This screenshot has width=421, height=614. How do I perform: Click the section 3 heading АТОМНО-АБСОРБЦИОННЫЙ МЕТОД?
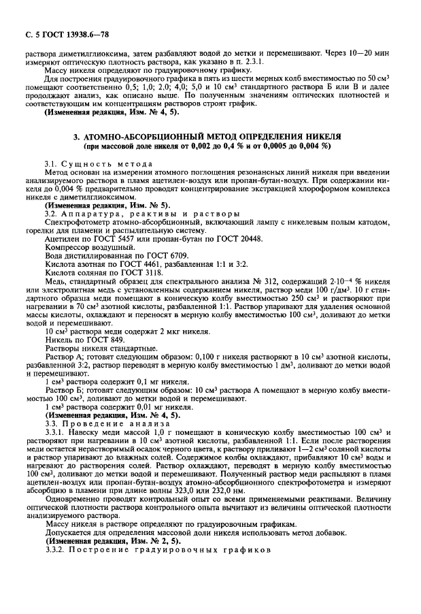tap(212, 137)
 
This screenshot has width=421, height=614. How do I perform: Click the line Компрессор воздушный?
tap(86, 248)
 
